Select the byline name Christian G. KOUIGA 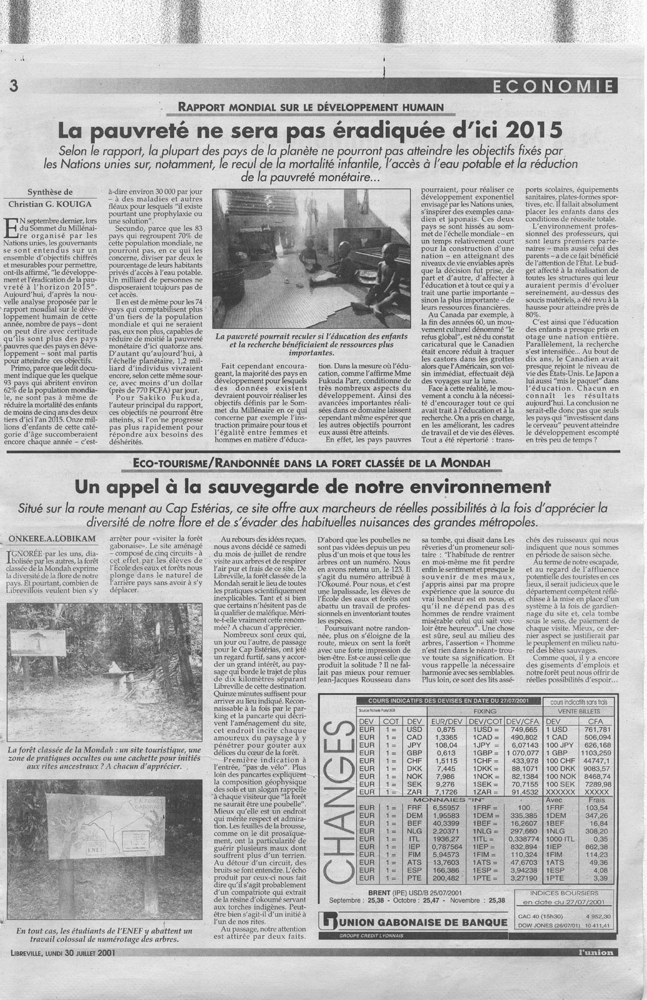point(51,204)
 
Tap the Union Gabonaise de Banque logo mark point(325,922)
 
